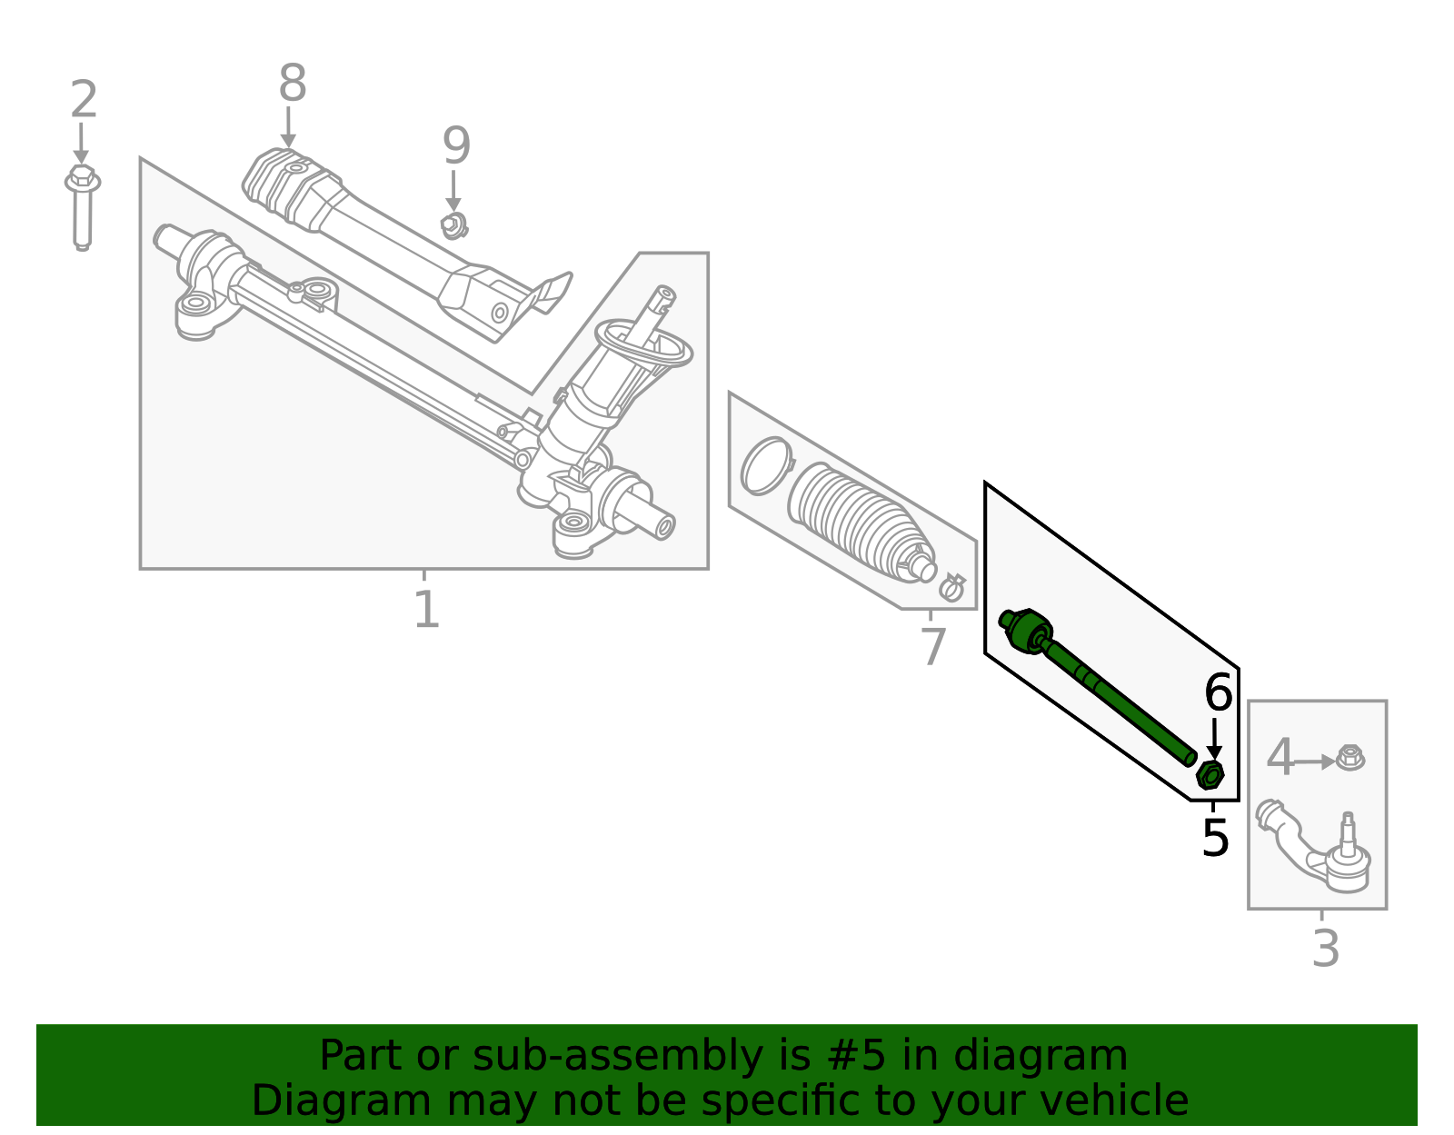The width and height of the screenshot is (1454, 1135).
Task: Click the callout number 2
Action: tap(84, 100)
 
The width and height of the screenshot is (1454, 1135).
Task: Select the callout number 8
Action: tap(292, 85)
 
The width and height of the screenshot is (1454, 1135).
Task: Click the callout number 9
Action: tap(456, 146)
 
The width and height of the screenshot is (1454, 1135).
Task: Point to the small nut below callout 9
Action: tap(453, 225)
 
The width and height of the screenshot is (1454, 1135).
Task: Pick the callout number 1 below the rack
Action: tap(426, 610)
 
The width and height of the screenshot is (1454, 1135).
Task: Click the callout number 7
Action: tap(933, 648)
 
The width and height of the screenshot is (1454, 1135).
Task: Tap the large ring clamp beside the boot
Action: tap(765, 466)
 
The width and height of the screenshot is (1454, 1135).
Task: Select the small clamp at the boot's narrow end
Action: tap(951, 588)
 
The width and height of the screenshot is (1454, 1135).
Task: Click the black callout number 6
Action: tap(1218, 694)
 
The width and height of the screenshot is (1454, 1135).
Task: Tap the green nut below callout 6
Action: tap(1210, 775)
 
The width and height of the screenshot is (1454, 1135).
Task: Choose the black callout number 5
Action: tap(1215, 838)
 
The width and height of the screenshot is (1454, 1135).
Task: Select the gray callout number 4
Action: tap(1280, 758)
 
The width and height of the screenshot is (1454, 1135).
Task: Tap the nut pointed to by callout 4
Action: tap(1350, 758)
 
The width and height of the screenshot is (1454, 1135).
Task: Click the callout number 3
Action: tap(1326, 950)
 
